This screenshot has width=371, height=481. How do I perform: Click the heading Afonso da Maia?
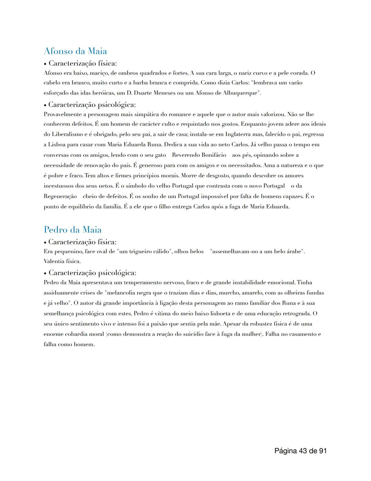pyautogui.click(x=75, y=51)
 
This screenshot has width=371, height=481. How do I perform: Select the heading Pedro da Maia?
pyautogui.click(x=72, y=230)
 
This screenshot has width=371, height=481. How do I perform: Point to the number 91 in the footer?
pyautogui.click(x=322, y=451)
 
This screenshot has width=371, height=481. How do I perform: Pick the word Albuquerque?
pyautogui.click(x=240, y=93)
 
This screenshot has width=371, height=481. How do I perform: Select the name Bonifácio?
pyautogui.click(x=214, y=155)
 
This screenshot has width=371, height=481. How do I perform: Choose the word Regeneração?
pyautogui.click(x=60, y=196)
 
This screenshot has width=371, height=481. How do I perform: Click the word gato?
pyautogui.click(x=160, y=155)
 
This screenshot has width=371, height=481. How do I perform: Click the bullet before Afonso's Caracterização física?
pyautogui.click(x=45, y=64)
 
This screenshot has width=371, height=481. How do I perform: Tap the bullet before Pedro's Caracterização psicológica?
pyautogui.click(x=45, y=273)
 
